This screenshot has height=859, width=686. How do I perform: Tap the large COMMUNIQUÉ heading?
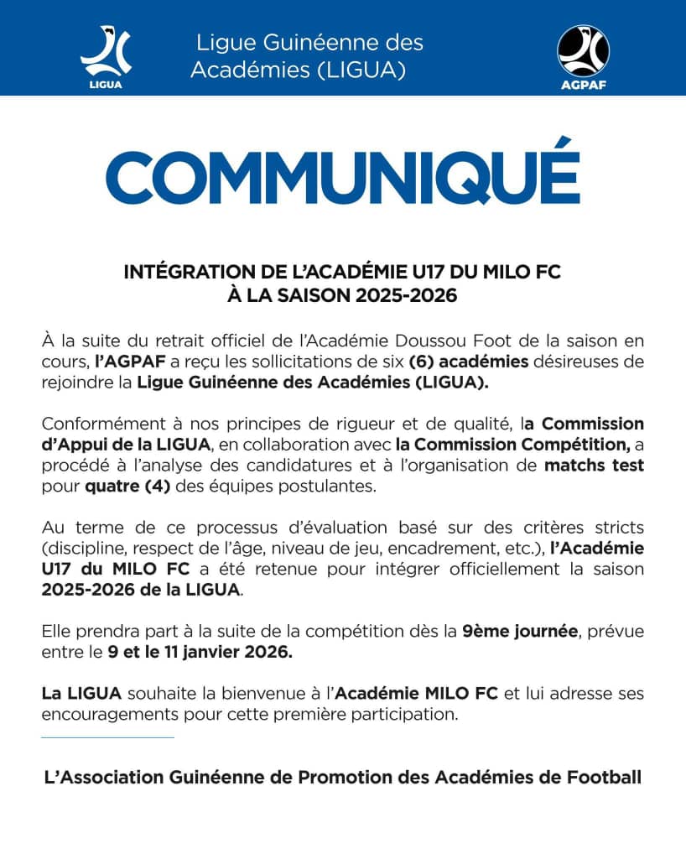tap(342, 175)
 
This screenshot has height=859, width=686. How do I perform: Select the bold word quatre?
tap(112, 484)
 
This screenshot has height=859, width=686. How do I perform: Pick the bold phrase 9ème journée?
tap(520, 631)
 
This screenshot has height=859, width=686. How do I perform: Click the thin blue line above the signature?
tap(107, 737)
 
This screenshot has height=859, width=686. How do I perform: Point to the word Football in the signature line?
tap(603, 777)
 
